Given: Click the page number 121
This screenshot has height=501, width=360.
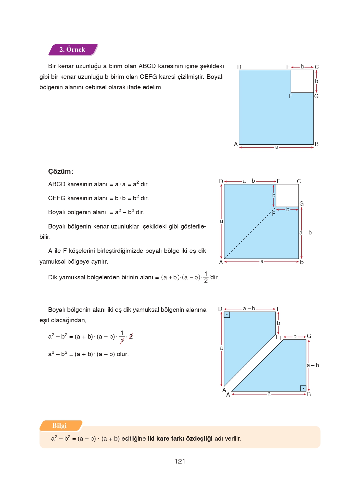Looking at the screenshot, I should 180,461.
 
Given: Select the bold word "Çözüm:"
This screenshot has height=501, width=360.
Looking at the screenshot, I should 61,171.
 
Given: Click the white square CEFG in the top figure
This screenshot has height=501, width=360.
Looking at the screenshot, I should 302,81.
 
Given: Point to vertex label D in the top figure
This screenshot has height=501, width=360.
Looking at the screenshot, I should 239,67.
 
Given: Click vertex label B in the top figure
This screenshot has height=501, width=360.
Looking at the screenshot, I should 317,144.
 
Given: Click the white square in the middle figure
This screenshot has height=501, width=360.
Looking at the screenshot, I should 287,195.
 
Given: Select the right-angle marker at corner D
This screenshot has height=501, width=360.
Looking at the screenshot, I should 227,314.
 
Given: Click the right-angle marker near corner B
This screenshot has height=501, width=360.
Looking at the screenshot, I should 303,388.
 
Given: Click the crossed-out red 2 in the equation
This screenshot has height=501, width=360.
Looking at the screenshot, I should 131,336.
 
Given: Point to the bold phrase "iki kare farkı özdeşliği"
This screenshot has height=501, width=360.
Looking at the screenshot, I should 180,439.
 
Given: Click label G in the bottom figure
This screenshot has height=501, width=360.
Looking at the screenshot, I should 309,336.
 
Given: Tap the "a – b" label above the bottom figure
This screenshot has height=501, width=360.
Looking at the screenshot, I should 249,309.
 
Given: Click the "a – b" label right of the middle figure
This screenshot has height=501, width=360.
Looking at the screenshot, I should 306,233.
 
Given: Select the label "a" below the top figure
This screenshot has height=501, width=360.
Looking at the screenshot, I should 277,147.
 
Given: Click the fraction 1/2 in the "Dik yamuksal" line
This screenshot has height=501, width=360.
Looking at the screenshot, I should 206,277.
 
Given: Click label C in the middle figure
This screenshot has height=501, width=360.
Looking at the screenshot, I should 299,181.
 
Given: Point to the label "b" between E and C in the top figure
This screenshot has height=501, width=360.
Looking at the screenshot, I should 303,67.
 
